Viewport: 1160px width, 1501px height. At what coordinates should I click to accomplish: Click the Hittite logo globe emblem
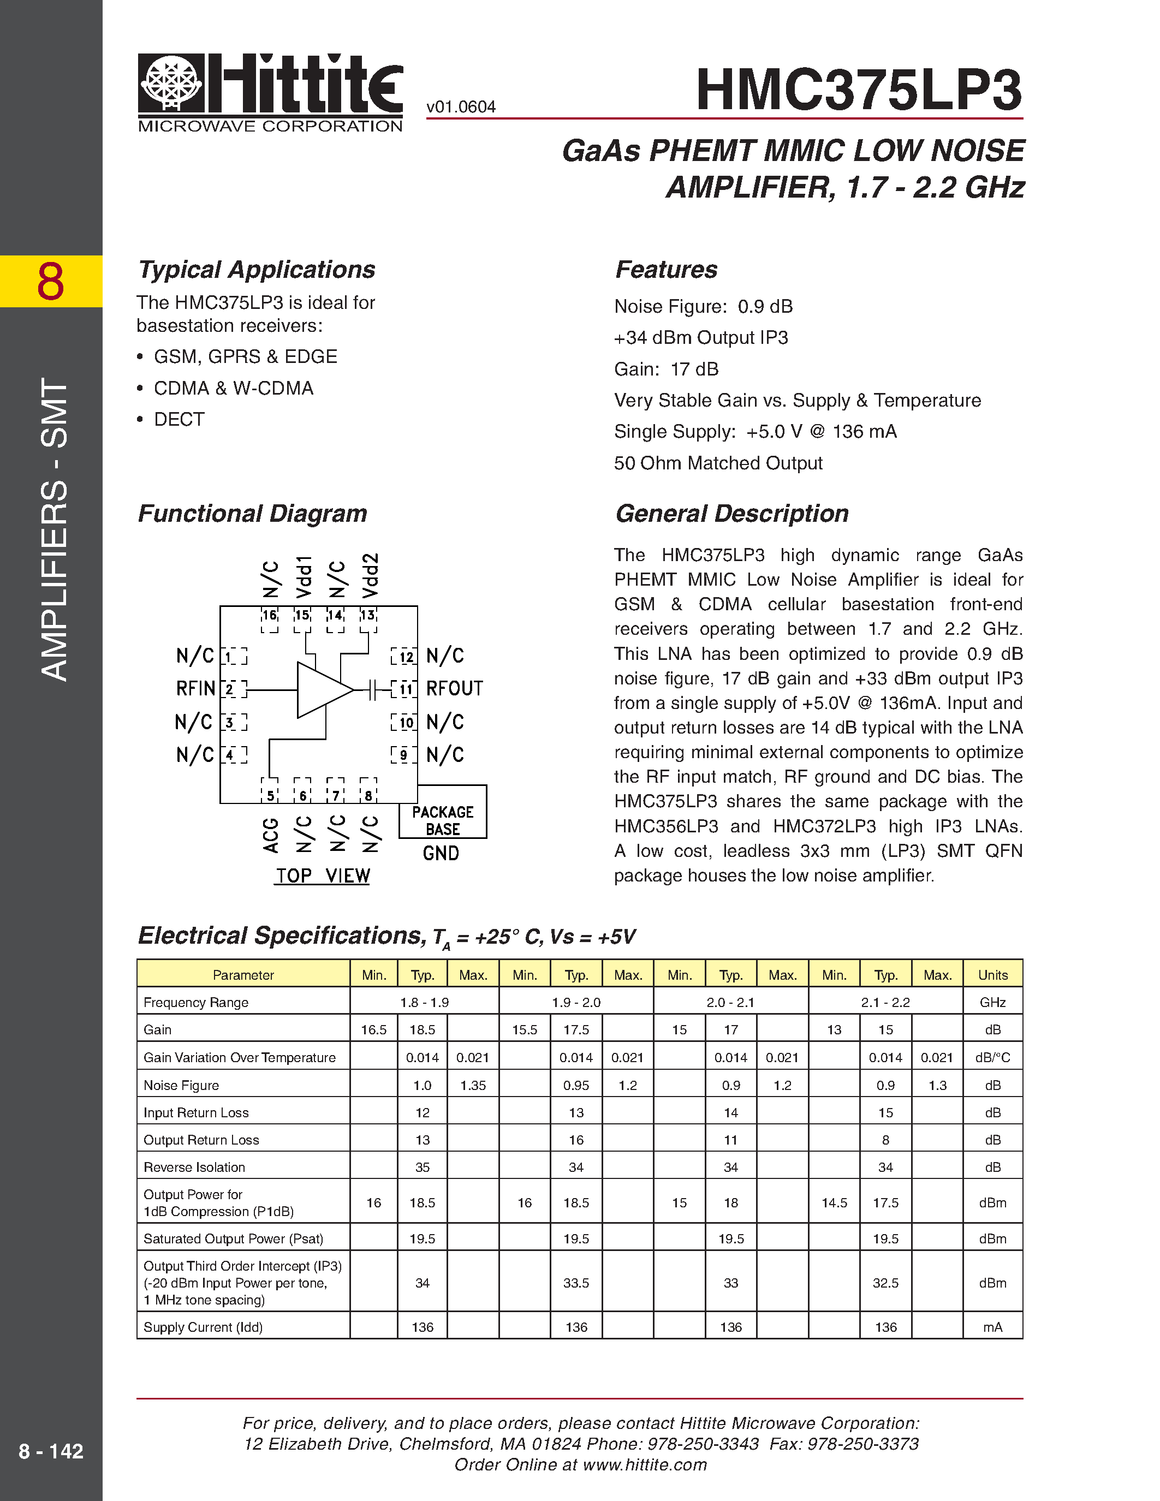pyautogui.click(x=171, y=82)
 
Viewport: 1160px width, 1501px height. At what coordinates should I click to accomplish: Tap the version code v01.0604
pyautogui.click(x=460, y=107)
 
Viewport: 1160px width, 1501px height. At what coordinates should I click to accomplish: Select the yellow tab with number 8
pyautogui.click(x=51, y=281)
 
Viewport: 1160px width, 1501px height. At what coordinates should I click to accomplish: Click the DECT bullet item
pyautogui.click(x=179, y=419)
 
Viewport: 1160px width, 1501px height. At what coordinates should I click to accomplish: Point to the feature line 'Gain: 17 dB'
pyautogui.click(x=666, y=369)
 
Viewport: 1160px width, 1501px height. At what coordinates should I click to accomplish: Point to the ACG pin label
pyautogui.click(x=271, y=835)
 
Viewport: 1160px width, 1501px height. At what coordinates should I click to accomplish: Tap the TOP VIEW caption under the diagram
pyautogui.click(x=322, y=875)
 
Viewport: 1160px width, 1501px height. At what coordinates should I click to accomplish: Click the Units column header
pyautogui.click(x=992, y=974)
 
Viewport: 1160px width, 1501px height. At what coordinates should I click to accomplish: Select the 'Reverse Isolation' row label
pyautogui.click(x=194, y=1167)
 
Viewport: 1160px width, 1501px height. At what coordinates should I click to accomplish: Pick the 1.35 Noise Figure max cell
pyautogui.click(x=473, y=1085)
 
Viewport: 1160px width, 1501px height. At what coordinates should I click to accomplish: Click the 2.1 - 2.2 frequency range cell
pyautogui.click(x=885, y=1002)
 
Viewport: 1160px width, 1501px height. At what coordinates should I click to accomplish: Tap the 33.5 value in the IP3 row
pyautogui.click(x=576, y=1283)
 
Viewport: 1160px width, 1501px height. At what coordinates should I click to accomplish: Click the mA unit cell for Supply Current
pyautogui.click(x=992, y=1327)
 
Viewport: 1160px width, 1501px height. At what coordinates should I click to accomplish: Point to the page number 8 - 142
pyautogui.click(x=51, y=1451)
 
